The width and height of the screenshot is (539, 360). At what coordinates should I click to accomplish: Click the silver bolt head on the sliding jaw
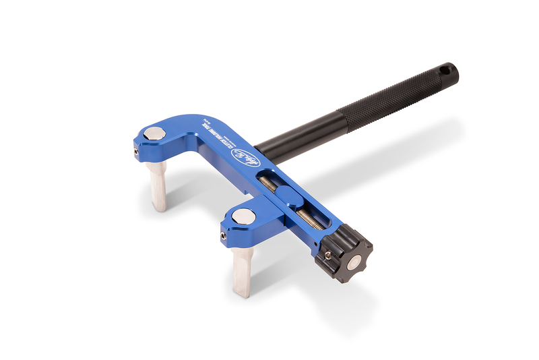(x=243, y=217)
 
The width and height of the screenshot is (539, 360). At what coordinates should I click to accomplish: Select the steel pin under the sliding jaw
(x=242, y=270)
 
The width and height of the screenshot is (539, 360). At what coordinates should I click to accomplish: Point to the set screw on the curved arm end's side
(x=137, y=153)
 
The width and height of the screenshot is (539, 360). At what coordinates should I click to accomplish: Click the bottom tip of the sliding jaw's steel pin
(x=243, y=294)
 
